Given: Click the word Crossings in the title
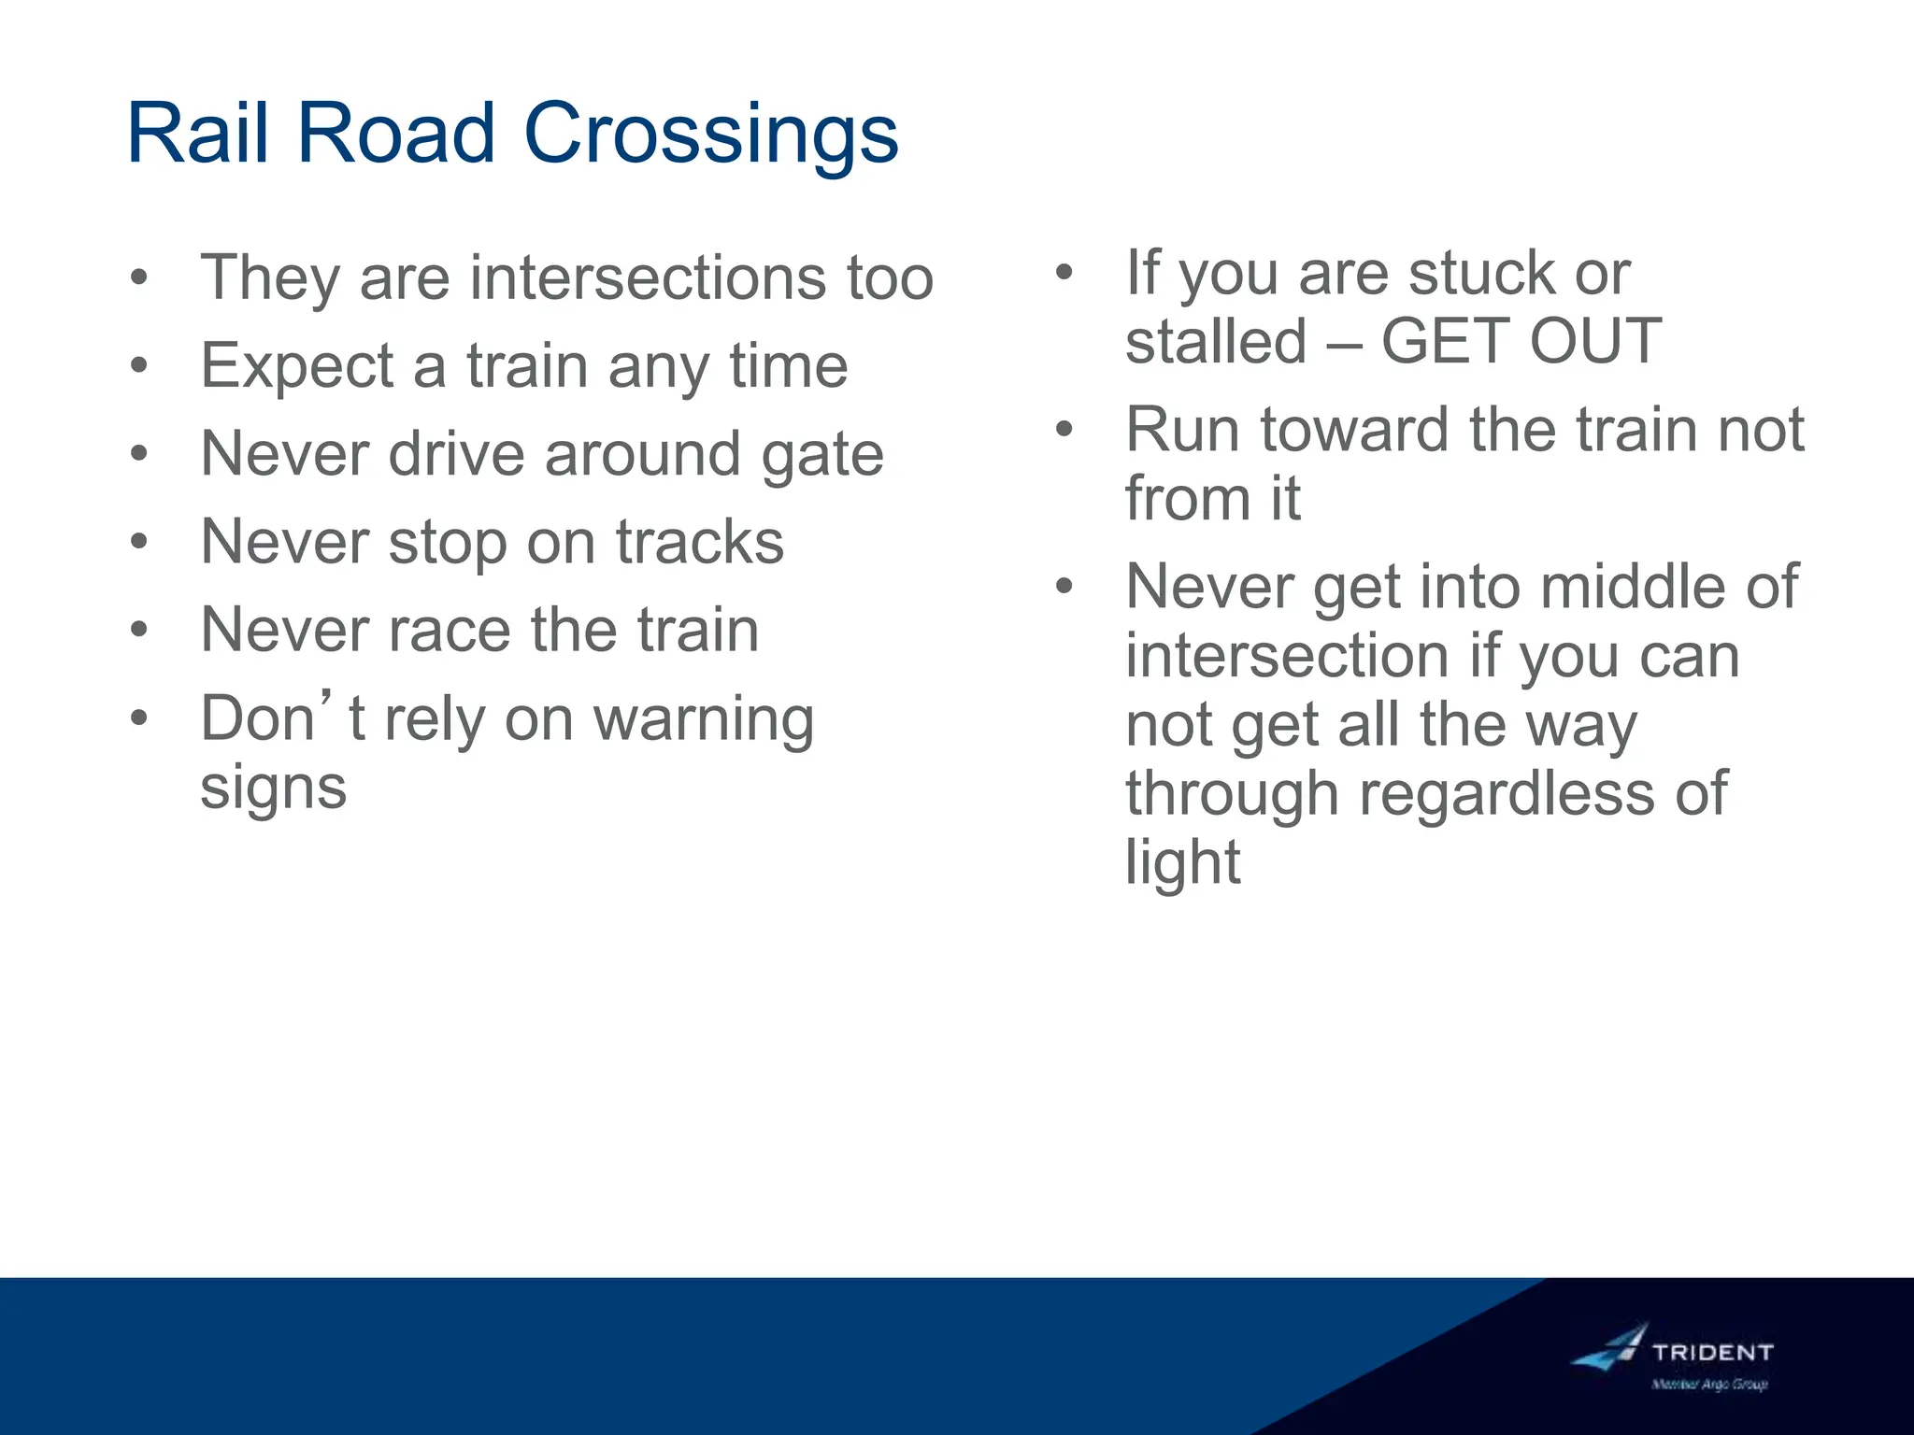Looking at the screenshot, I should pyautogui.click(x=710, y=134).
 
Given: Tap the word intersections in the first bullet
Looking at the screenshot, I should pyautogui.click(x=648, y=277).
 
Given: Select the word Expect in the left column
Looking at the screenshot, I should pyautogui.click(x=296, y=366).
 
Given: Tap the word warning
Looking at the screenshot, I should pyautogui.click(x=704, y=719).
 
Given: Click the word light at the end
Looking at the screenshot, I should pyautogui.click(x=1182, y=861).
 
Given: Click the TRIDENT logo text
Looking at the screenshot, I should pyautogui.click(x=1712, y=1352).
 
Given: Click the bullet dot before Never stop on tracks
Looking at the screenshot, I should pyautogui.click(x=139, y=541).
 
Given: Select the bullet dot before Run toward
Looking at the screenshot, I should pyautogui.click(x=1064, y=430).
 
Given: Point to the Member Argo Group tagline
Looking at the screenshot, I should pyautogui.click(x=1709, y=1385).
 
